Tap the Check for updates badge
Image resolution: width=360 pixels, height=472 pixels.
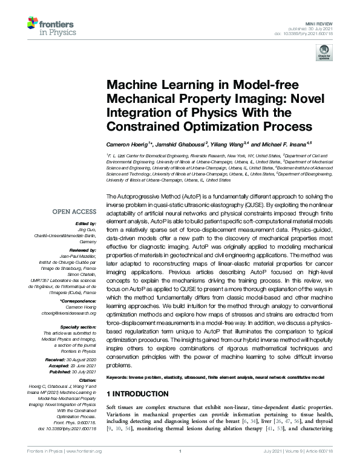tap(324, 53)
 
